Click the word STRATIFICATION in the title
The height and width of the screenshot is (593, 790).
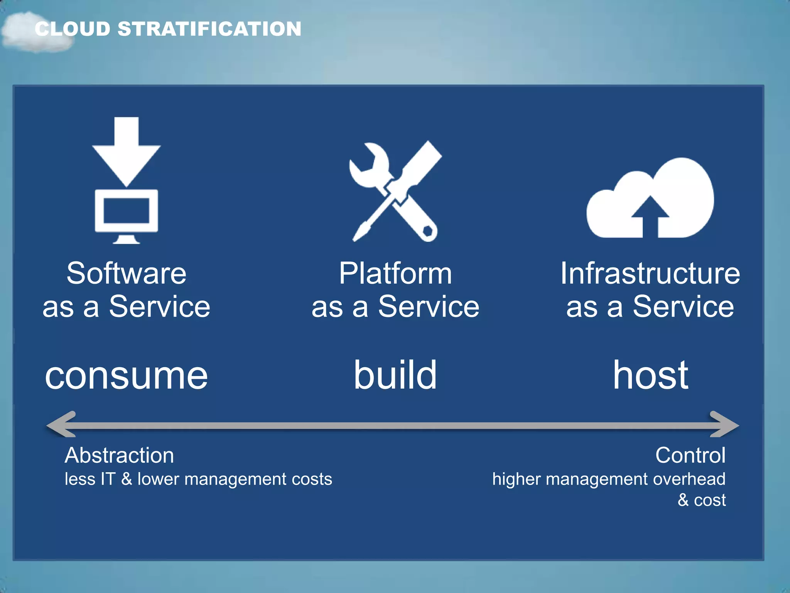[209, 29]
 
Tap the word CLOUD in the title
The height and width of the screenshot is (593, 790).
[73, 29]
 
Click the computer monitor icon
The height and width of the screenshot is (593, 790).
[127, 214]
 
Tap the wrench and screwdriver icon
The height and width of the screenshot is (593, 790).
[395, 191]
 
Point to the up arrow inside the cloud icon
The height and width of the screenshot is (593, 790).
[650, 216]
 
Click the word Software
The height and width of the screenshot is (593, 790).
[127, 273]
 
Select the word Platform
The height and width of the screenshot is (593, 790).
[395, 273]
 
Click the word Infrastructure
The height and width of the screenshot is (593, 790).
[650, 273]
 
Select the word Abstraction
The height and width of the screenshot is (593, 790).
[119, 456]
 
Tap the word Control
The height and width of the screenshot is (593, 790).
[690, 456]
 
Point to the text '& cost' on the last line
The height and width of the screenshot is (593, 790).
[702, 500]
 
